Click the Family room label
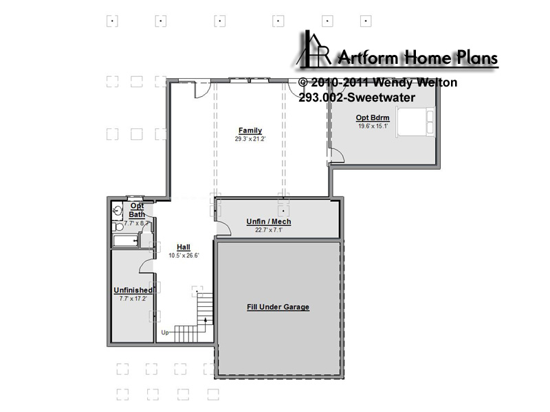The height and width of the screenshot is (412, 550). (250, 130)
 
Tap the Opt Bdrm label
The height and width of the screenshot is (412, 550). (373, 117)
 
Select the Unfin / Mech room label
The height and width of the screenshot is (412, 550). (269, 221)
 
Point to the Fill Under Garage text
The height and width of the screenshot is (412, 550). (278, 307)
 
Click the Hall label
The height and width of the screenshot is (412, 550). (184, 247)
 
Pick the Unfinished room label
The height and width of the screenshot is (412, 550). (133, 290)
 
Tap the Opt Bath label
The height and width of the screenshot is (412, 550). (137, 210)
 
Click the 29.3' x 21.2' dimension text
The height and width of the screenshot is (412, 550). (250, 139)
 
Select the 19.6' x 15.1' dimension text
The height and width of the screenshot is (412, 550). (373, 126)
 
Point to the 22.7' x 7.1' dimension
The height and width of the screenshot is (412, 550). (269, 230)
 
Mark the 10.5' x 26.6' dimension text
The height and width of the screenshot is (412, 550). (184, 255)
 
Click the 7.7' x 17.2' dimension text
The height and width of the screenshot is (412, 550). (133, 299)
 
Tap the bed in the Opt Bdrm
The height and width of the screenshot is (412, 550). (415, 122)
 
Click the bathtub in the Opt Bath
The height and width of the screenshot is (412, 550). (125, 241)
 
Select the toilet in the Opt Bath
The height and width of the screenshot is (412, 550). (118, 227)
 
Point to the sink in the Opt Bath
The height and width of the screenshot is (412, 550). (117, 211)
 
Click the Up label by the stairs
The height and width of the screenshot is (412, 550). (165, 332)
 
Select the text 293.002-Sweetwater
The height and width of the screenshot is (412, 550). (357, 98)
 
